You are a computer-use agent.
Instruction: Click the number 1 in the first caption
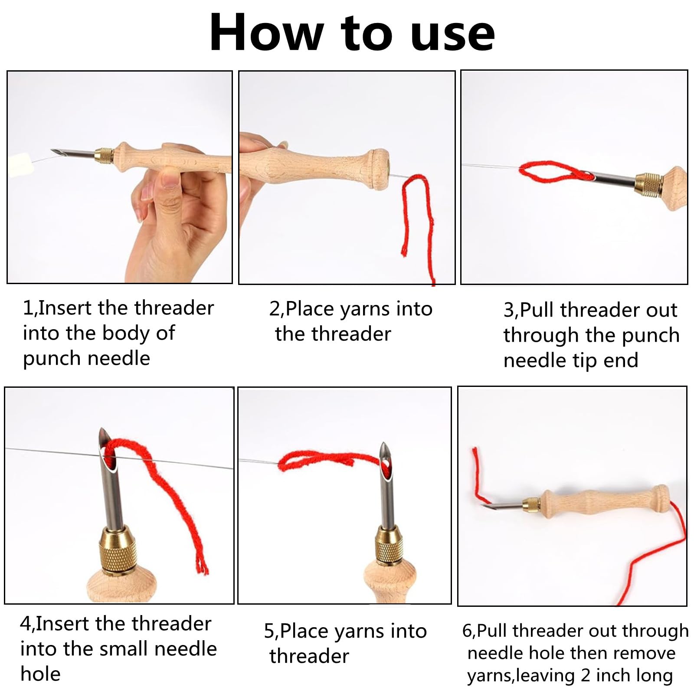point(27,308)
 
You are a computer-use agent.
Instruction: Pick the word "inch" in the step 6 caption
point(612,675)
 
